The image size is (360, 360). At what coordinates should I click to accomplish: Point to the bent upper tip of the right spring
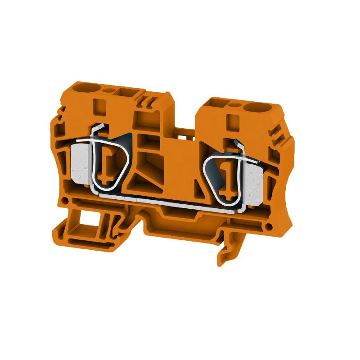[x=239, y=145]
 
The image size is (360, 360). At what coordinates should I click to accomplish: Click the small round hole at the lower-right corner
[x=269, y=226]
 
